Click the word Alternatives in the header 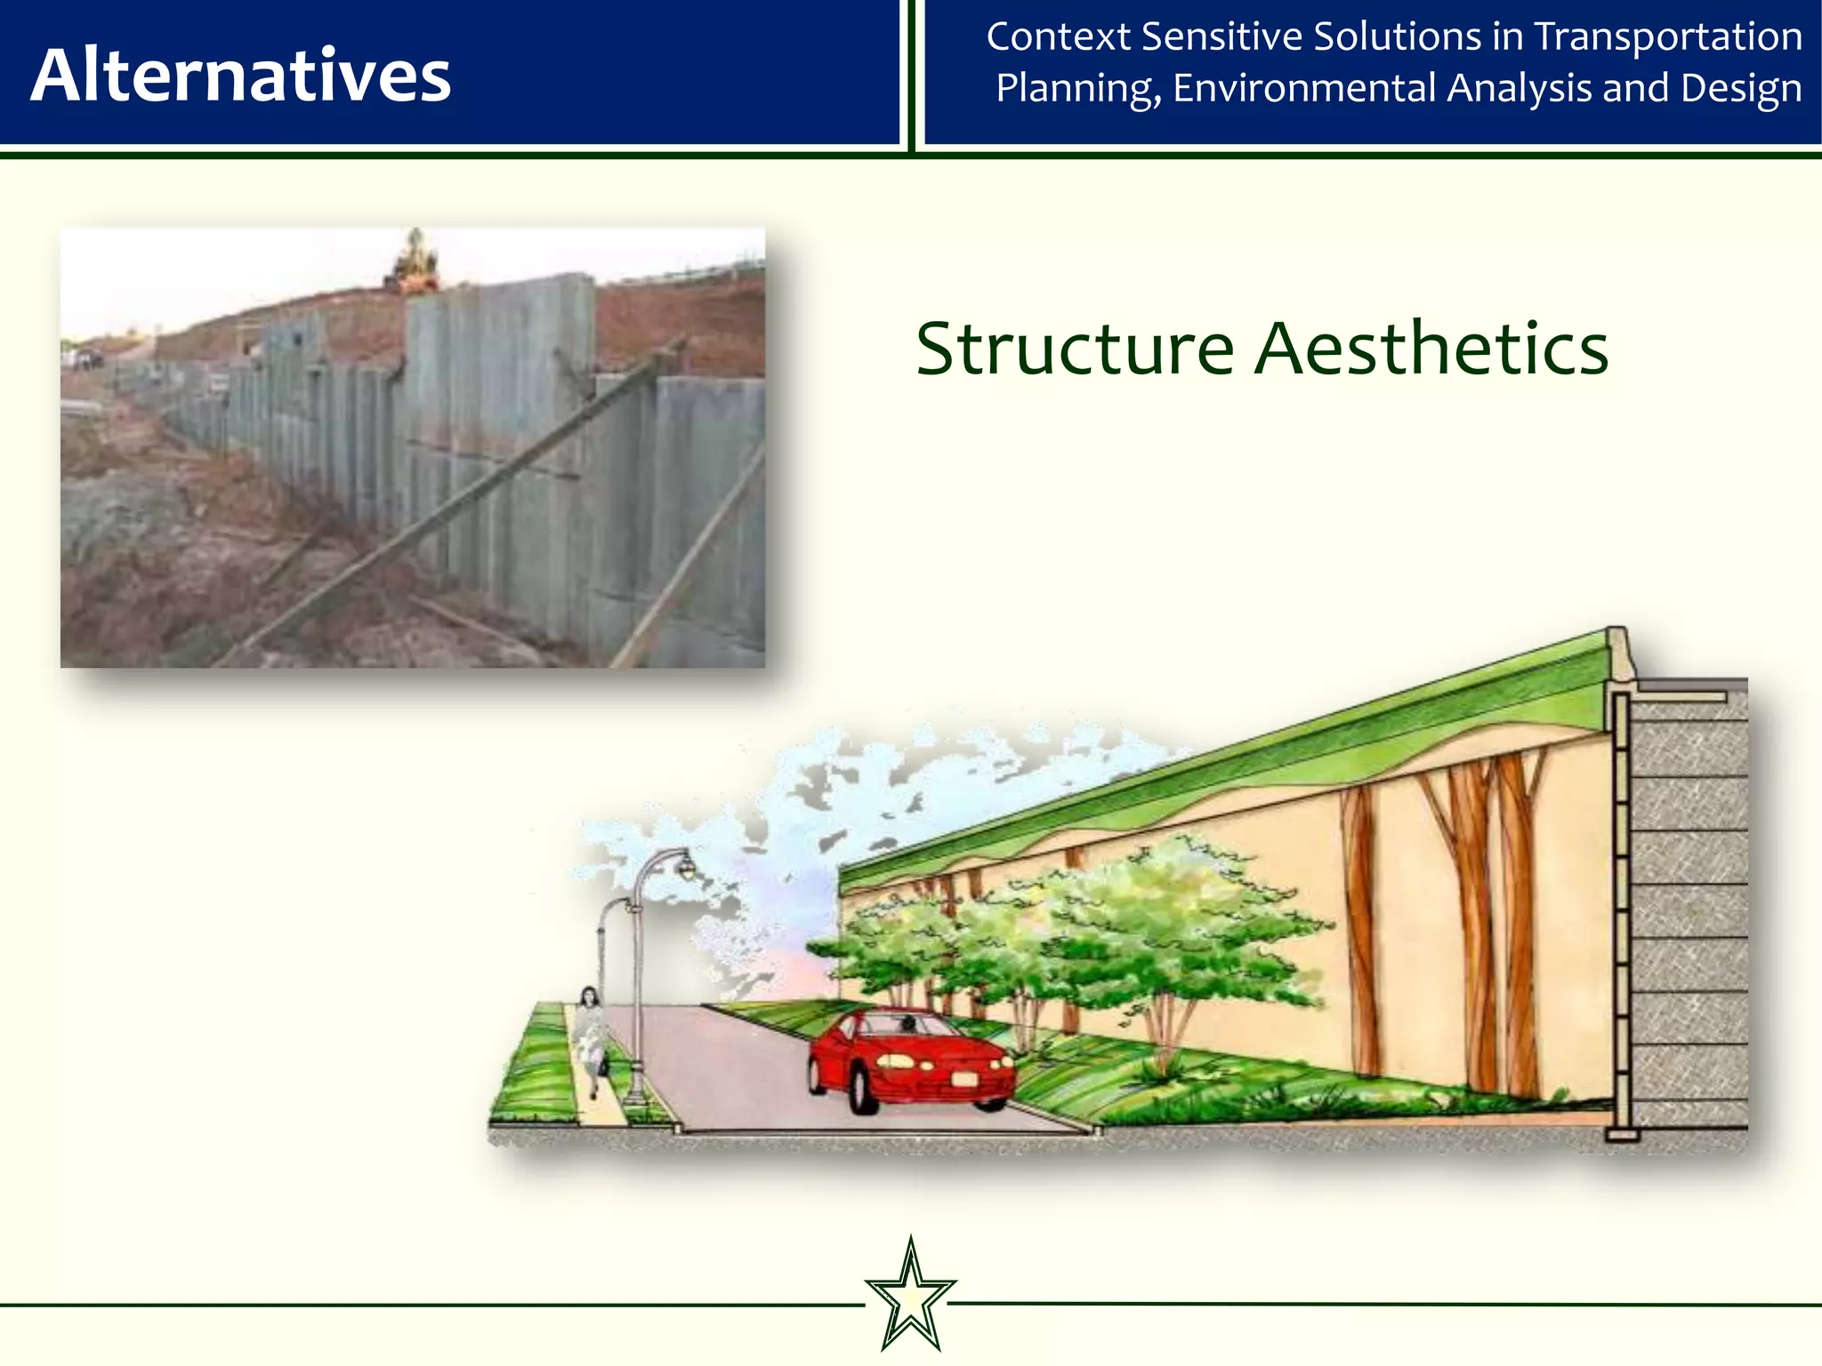(x=240, y=76)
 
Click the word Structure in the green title (x=1075, y=349)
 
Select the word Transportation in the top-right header (x=1668, y=37)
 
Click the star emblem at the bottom (x=910, y=1296)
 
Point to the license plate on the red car (x=964, y=1080)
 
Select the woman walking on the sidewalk (x=589, y=1036)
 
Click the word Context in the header (x=1058, y=37)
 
